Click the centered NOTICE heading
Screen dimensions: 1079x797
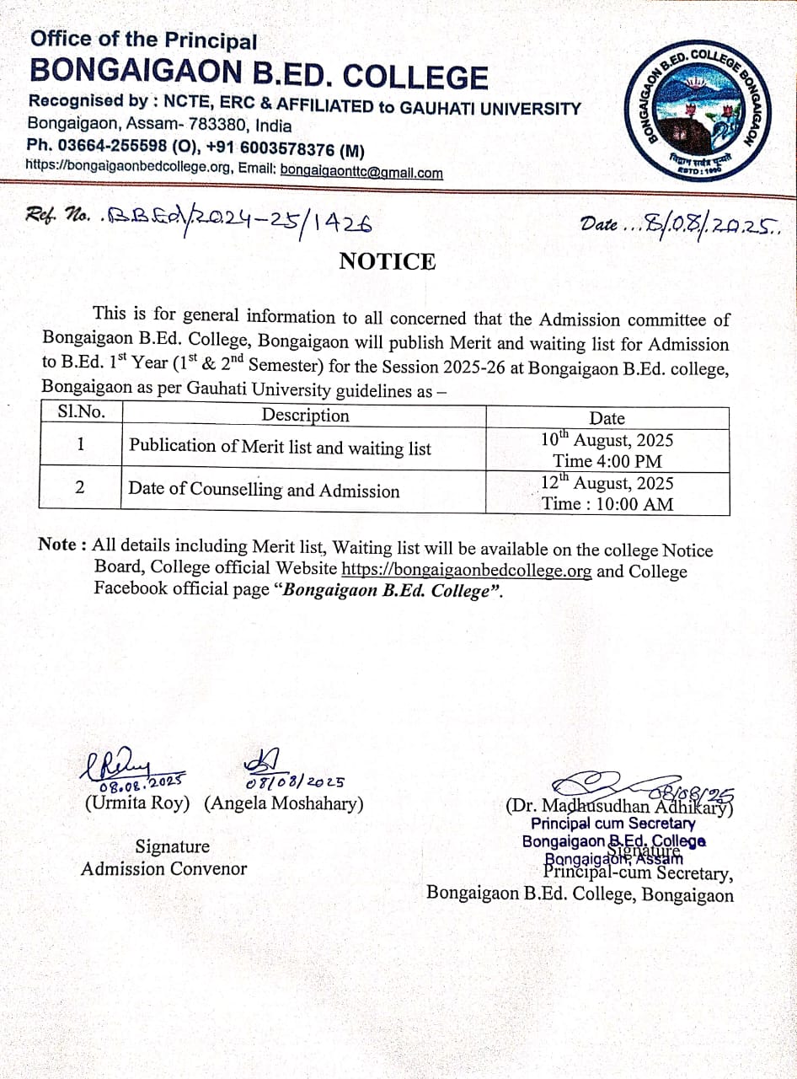click(388, 261)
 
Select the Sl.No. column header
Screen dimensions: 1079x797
click(80, 414)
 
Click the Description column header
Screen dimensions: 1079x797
click(305, 416)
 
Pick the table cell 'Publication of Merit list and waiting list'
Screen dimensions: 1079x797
click(280, 448)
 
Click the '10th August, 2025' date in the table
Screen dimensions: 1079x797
click(607, 440)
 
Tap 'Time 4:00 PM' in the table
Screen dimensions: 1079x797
click(607, 461)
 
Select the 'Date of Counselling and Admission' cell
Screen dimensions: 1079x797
click(264, 490)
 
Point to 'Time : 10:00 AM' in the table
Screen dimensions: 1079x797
click(607, 504)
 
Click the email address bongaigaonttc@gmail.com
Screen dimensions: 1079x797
click(361, 173)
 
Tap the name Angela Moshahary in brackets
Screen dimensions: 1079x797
click(284, 803)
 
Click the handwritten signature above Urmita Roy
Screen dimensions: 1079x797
click(118, 767)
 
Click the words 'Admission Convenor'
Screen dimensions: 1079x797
click(163, 868)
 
